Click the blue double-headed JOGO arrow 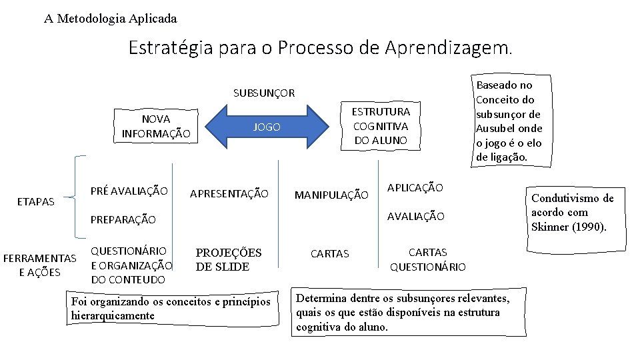[267, 127]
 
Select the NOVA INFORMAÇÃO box [156, 126]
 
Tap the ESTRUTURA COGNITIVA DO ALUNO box [381, 126]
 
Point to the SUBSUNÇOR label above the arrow [264, 93]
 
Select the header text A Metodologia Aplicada [111, 19]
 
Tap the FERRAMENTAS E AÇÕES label [40, 265]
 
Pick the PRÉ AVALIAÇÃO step [129, 191]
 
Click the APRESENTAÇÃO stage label [229, 194]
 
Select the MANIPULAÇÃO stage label [331, 195]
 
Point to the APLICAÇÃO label [415, 188]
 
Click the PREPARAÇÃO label [123, 219]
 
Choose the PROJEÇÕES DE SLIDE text [228, 259]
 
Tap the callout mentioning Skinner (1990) [572, 213]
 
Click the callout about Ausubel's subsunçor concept [509, 121]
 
